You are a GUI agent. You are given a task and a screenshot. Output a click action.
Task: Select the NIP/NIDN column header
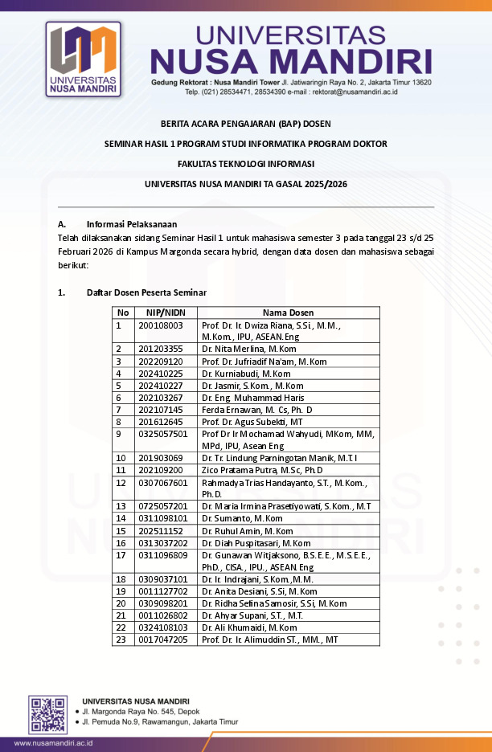(x=165, y=313)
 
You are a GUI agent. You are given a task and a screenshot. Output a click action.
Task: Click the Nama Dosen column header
(x=288, y=313)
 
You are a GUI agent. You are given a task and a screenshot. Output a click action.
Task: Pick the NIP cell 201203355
(x=161, y=349)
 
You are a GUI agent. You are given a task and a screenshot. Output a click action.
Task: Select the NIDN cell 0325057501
(x=163, y=434)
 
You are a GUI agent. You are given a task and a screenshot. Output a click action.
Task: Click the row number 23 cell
(x=121, y=639)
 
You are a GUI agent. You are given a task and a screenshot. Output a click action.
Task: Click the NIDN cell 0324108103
(x=163, y=627)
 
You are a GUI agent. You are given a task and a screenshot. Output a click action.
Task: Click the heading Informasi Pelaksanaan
(x=132, y=224)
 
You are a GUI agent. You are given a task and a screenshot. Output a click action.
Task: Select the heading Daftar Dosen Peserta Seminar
(x=147, y=292)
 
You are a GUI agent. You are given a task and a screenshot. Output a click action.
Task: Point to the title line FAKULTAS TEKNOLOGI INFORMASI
(x=245, y=163)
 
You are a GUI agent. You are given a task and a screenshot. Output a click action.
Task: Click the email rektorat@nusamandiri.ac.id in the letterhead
(x=355, y=92)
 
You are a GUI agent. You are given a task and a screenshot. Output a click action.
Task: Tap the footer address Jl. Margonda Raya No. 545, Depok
(x=141, y=712)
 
